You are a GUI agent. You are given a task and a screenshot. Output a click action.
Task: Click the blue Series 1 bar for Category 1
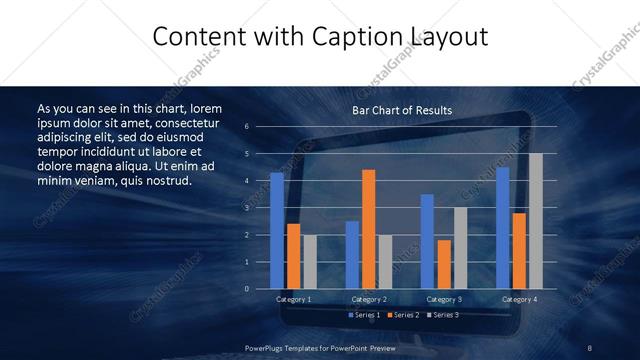(x=277, y=231)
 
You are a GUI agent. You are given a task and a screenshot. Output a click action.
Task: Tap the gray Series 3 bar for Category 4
(x=535, y=221)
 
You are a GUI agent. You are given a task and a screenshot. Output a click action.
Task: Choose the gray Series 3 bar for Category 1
(x=309, y=262)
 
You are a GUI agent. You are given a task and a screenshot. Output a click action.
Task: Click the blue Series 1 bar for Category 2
(x=352, y=255)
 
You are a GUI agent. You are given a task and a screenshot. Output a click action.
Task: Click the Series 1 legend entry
(x=364, y=315)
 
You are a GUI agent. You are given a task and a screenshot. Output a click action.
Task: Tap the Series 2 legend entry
(x=404, y=315)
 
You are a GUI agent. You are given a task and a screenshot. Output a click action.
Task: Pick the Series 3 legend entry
(x=443, y=315)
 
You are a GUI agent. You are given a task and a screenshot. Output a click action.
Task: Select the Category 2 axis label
(x=368, y=299)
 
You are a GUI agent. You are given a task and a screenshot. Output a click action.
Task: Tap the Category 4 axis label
(x=519, y=299)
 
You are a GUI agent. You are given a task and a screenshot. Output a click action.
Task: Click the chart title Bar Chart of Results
(x=402, y=110)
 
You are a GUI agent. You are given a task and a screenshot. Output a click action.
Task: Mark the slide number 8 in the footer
(x=590, y=346)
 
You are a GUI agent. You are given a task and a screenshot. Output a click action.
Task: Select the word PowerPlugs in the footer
(x=264, y=346)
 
